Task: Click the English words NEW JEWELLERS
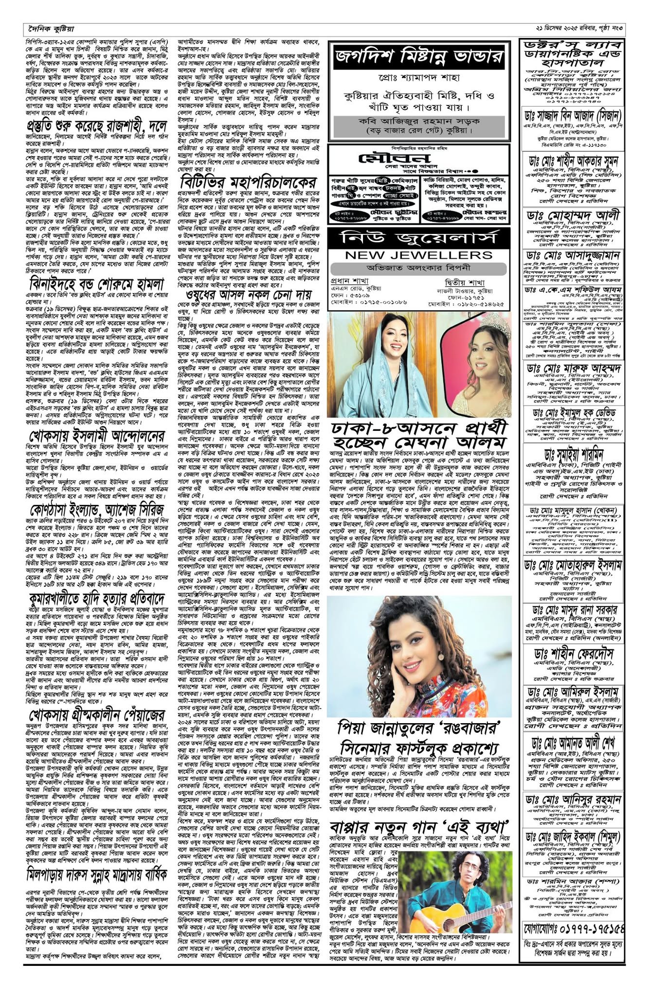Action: tap(418, 255)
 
